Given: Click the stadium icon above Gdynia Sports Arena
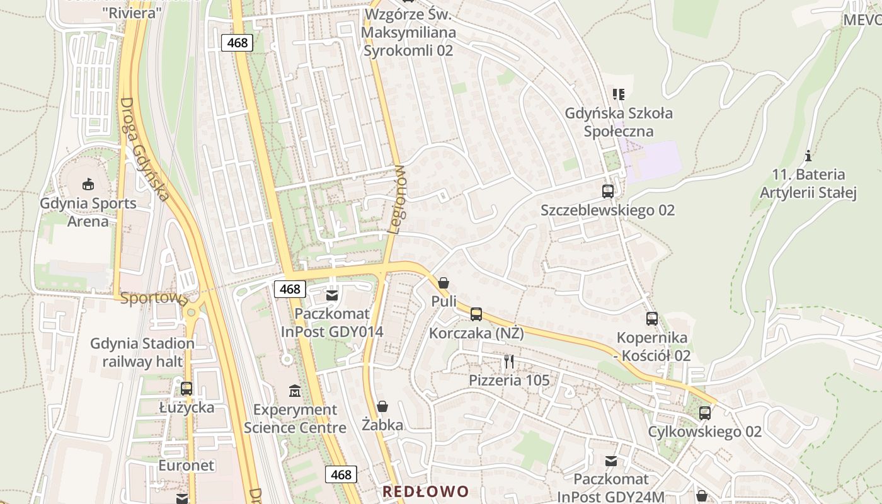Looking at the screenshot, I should point(88,184).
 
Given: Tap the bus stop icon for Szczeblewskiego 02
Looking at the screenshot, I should point(607,191).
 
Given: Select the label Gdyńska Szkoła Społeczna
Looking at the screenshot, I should point(619,122).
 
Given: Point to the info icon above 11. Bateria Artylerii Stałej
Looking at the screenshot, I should point(808,156).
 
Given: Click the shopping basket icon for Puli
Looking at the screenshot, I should point(444,283).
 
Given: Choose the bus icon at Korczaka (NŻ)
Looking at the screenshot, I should point(476,314).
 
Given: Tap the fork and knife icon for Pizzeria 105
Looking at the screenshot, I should point(509,362).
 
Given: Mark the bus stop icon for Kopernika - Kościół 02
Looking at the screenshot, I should point(652,319).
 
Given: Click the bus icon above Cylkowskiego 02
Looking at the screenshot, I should point(705,413).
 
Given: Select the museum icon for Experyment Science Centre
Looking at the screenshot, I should point(295,391).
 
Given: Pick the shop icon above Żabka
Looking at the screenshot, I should point(382,406).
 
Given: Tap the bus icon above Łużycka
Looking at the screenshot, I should point(186,389).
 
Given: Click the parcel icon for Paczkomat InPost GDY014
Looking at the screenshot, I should point(331,295).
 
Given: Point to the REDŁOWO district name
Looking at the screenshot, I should point(426,491).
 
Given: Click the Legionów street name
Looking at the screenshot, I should point(397,199).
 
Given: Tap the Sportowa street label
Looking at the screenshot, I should point(154,298).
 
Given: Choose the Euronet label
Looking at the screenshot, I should point(186,466).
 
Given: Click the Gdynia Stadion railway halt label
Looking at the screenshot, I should point(142,352).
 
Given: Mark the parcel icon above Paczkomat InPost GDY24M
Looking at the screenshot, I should point(611,461).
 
